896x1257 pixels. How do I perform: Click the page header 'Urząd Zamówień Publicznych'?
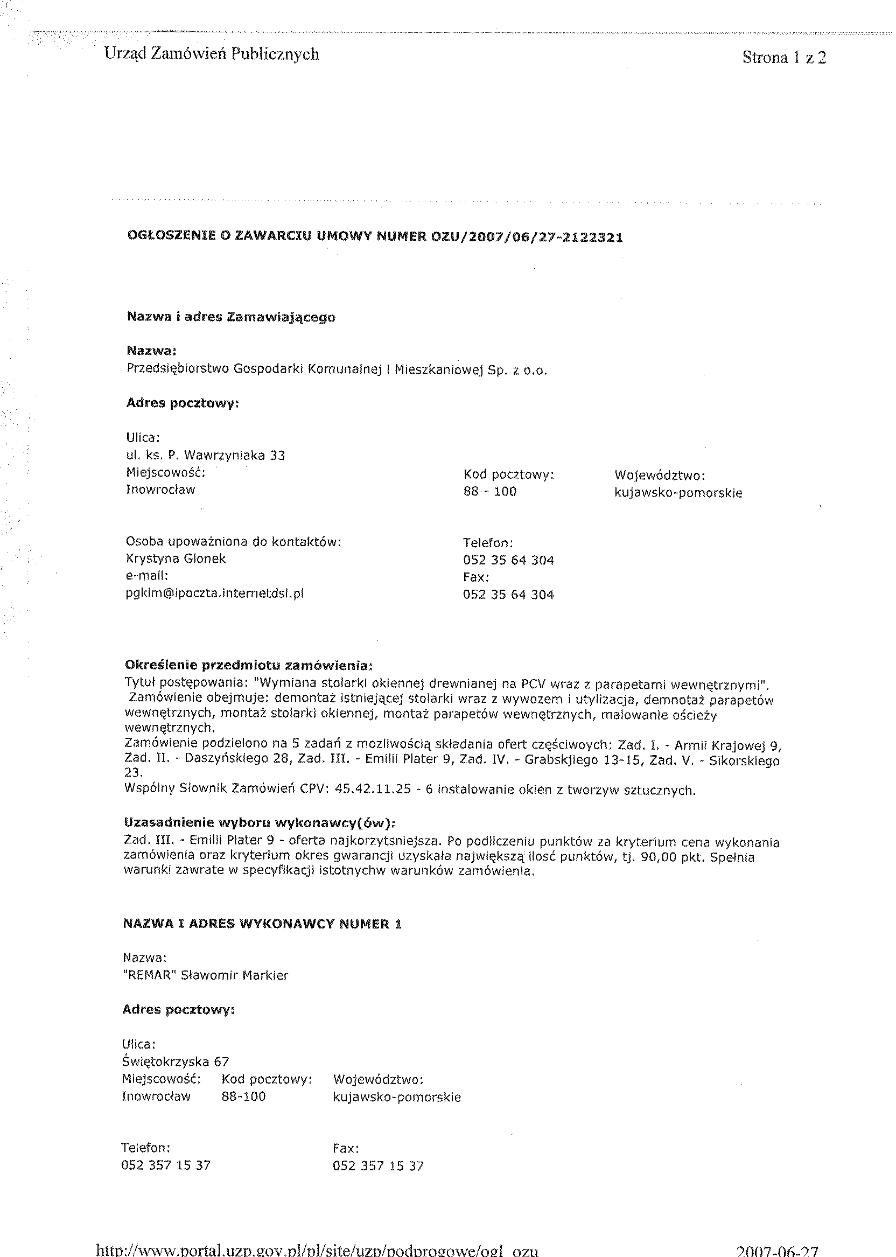tap(211, 54)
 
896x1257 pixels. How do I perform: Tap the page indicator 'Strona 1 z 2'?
tap(784, 58)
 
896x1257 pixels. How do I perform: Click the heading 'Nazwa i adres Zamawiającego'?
tap(230, 317)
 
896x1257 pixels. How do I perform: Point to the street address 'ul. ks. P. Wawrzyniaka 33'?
tap(205, 455)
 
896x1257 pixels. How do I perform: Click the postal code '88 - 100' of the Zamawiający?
tap(489, 491)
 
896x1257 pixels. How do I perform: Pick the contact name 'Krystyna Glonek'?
tap(176, 558)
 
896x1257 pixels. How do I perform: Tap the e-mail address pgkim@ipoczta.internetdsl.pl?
tap(215, 593)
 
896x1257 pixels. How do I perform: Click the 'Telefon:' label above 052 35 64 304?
tap(488, 543)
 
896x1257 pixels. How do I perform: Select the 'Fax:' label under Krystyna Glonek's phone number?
tap(475, 577)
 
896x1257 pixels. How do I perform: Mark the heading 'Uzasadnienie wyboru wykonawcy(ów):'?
tap(260, 823)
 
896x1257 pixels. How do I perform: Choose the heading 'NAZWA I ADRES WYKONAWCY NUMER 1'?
tap(262, 924)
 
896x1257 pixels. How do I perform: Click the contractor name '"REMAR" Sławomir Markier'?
tap(205, 975)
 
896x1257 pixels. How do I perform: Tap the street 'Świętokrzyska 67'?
tap(175, 1062)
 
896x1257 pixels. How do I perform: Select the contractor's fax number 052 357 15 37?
tap(378, 1166)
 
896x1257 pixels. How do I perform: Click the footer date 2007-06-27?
tap(778, 1249)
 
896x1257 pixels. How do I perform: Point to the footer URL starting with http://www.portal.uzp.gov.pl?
tap(317, 1249)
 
